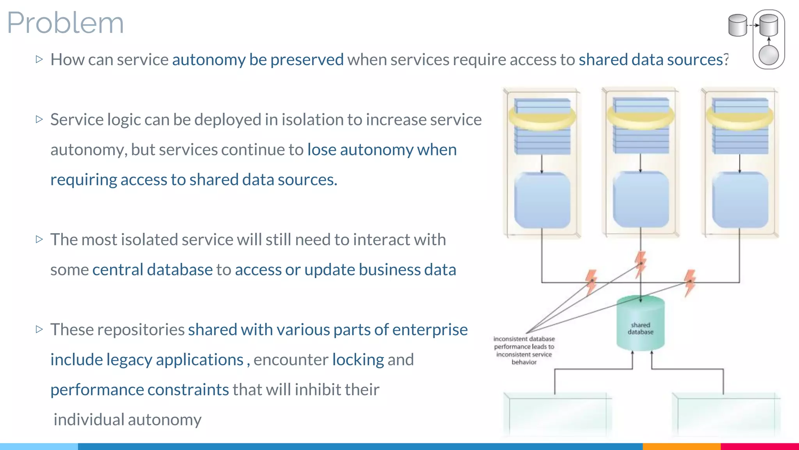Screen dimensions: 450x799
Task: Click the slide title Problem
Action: click(65, 23)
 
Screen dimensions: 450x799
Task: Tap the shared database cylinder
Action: click(640, 323)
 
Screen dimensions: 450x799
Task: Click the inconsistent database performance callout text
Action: click(524, 350)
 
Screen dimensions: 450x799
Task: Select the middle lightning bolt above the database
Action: click(640, 264)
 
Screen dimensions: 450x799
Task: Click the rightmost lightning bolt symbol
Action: click(690, 282)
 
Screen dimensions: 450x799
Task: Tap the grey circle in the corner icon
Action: click(769, 55)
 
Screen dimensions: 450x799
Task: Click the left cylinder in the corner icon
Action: click(737, 25)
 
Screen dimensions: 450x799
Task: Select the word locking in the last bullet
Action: click(358, 360)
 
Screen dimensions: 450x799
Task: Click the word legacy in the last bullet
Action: click(129, 360)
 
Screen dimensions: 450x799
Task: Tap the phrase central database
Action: click(153, 270)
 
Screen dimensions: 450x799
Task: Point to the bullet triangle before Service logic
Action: click(39, 119)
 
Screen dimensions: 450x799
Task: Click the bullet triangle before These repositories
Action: click(39, 329)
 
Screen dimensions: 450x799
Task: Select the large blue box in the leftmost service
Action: click(542, 200)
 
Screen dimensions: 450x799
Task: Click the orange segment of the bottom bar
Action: click(681, 446)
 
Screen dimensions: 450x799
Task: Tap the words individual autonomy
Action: click(127, 420)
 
